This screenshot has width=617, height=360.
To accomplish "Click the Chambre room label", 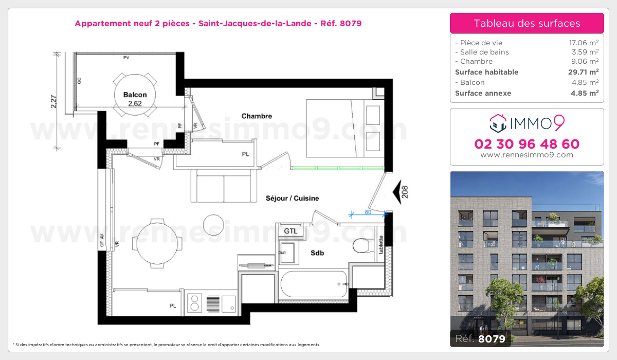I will coord(257,116).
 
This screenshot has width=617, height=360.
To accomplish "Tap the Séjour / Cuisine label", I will coord(292,198).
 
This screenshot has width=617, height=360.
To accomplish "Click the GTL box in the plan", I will coord(291,231).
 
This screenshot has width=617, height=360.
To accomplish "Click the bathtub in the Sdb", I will coord(314,284).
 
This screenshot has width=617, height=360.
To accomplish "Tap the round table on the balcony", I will coord(135,94).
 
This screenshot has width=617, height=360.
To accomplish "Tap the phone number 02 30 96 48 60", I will coord(527,144).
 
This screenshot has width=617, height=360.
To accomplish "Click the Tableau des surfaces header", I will coord(527,23).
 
